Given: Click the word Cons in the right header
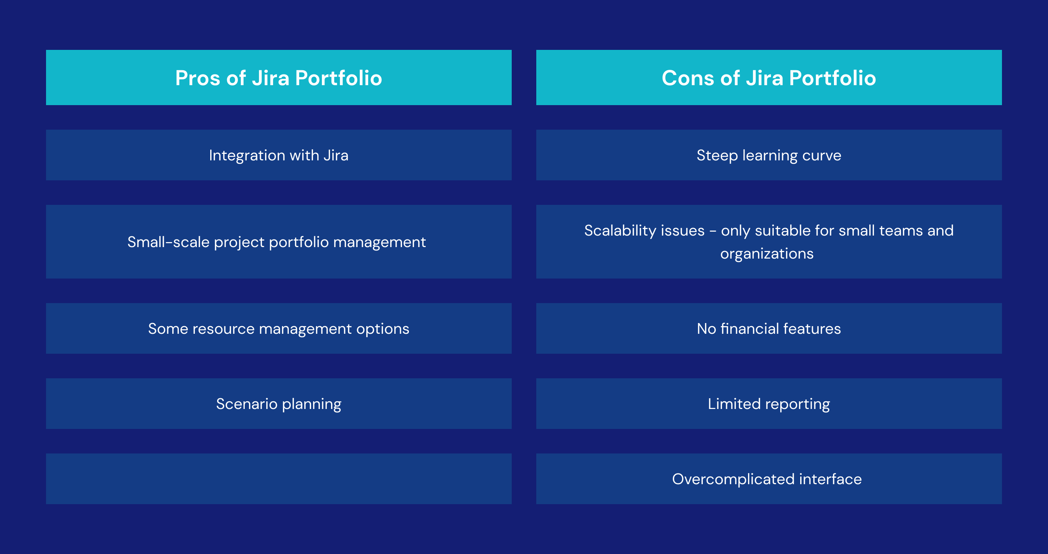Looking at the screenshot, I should [687, 78].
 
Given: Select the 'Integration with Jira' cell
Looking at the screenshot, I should [278, 155].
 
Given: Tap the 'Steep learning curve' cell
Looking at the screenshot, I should [768, 155].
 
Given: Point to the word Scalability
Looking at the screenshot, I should [644, 231].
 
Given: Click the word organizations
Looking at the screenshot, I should [766, 254].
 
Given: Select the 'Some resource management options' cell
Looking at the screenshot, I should [278, 329].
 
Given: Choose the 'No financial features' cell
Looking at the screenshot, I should [768, 329].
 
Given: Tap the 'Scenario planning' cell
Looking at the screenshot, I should [278, 404].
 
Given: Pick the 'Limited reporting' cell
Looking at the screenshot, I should [768, 404].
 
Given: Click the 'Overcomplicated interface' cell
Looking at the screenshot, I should [766, 479].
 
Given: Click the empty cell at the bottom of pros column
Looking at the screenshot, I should [278, 479].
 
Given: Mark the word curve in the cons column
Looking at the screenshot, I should [821, 155].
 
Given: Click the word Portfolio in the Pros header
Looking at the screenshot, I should [338, 78].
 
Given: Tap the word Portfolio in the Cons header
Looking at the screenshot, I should [832, 78].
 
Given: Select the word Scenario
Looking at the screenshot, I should [247, 404].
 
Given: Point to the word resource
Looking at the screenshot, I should [223, 329].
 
